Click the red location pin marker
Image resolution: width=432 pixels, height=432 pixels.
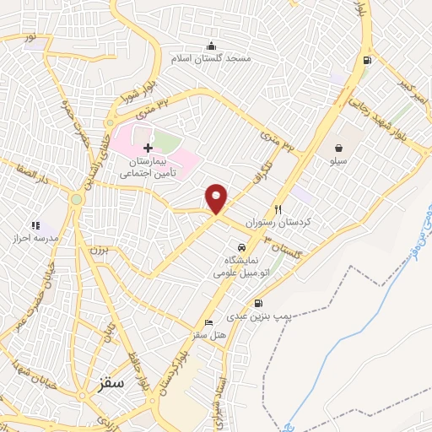tap(217, 197)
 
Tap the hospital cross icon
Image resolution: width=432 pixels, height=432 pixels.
tap(148, 148)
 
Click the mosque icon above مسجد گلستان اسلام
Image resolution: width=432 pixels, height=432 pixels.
tap(210, 46)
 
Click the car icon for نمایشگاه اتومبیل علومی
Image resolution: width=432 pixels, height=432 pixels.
tap(242, 248)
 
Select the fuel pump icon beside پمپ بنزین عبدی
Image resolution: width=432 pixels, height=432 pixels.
tap(256, 304)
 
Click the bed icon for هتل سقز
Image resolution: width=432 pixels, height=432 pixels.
tap(208, 323)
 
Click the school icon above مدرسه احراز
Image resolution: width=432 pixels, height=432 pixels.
tap(35, 225)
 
